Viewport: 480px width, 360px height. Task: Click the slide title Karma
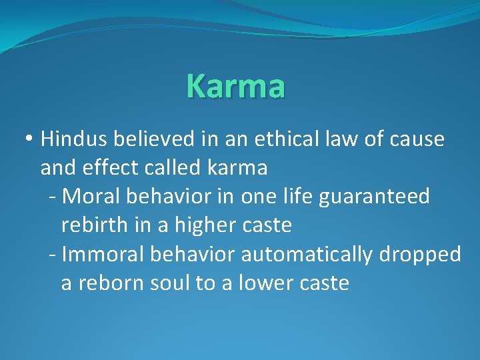point(237,86)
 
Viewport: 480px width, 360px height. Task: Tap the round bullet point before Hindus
point(29,140)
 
